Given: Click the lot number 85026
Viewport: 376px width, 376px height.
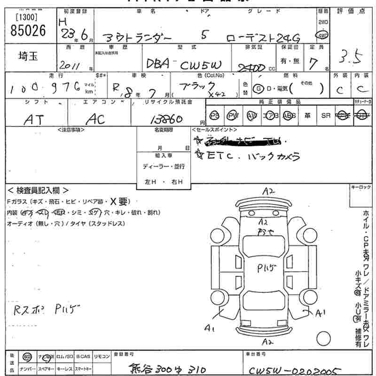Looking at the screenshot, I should [28, 31].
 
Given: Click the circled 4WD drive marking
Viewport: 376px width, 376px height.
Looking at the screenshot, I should [323, 35].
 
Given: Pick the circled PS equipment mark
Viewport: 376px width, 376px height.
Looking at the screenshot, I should [215, 116].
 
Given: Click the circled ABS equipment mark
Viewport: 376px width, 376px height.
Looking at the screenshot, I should [289, 116].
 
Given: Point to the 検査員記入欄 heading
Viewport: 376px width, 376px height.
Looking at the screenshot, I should [38, 190].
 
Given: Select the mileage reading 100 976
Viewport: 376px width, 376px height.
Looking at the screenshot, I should [42, 87].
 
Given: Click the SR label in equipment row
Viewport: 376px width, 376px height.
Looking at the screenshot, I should [325, 116].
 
